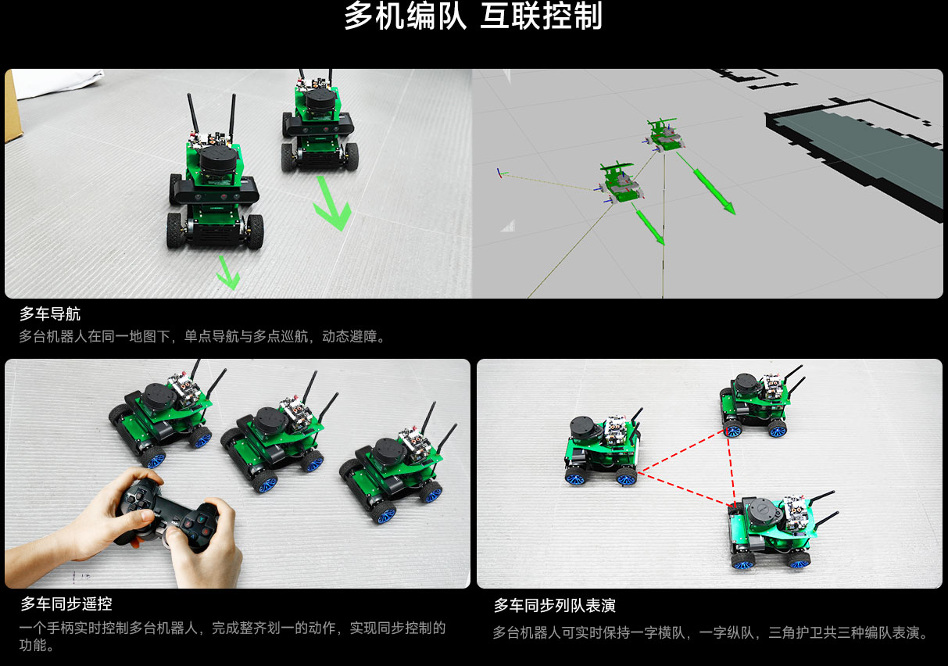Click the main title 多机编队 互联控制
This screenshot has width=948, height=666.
tap(473, 16)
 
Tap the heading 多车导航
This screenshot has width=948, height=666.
tap(50, 314)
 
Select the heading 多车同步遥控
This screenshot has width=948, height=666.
tap(66, 603)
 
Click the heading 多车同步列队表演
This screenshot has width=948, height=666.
tap(554, 606)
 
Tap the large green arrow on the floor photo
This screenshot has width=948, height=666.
tap(333, 203)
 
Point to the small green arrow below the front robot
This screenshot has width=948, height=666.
tap(228, 272)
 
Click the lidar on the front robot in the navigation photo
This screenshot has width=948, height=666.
tap(218, 163)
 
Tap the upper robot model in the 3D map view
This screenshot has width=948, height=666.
tap(664, 135)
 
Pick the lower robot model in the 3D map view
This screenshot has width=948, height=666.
tap(621, 184)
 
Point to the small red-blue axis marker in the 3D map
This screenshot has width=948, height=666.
tap(500, 174)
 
